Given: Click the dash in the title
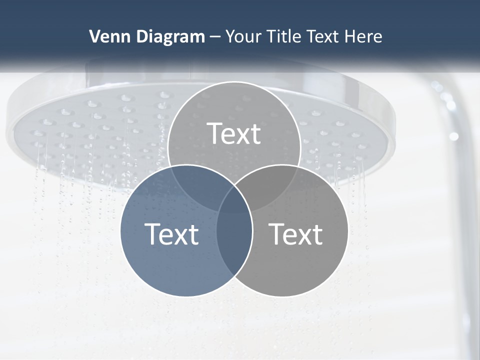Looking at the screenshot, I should tap(215, 37).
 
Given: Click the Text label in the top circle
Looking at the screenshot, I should tap(234, 133).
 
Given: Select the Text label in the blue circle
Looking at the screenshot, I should tap(171, 234).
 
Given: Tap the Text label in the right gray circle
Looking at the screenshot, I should tap(296, 234).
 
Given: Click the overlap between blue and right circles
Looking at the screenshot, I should tap(234, 240).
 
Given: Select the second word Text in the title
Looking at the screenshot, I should tap(322, 36).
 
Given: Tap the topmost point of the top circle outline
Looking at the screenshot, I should tap(234, 82).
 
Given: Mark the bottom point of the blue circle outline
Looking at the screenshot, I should tap(186, 296).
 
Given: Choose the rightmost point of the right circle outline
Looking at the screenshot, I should tap(348, 230).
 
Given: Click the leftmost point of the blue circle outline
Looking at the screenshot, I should tap(120, 230).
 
